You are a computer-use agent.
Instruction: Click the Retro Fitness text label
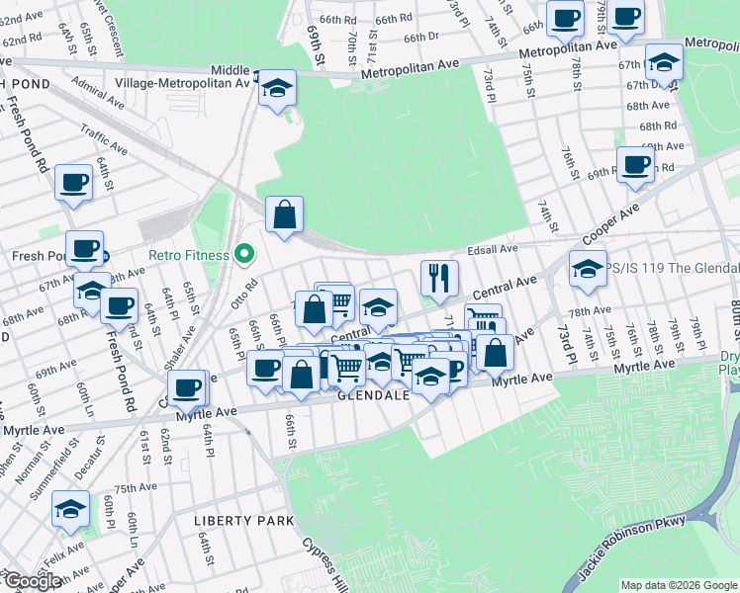(189, 255)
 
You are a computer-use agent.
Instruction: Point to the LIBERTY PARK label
(244, 521)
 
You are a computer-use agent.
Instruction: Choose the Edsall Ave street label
(495, 249)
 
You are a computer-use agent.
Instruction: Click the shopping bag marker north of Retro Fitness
(284, 214)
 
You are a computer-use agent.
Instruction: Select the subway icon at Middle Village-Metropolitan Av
(257, 73)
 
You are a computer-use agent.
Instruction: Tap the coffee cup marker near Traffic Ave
(74, 183)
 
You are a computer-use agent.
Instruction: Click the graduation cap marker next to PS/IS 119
(588, 268)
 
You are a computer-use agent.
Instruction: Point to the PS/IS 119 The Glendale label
(673, 269)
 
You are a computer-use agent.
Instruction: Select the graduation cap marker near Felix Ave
(70, 509)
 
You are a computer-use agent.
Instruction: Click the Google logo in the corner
(32, 581)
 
